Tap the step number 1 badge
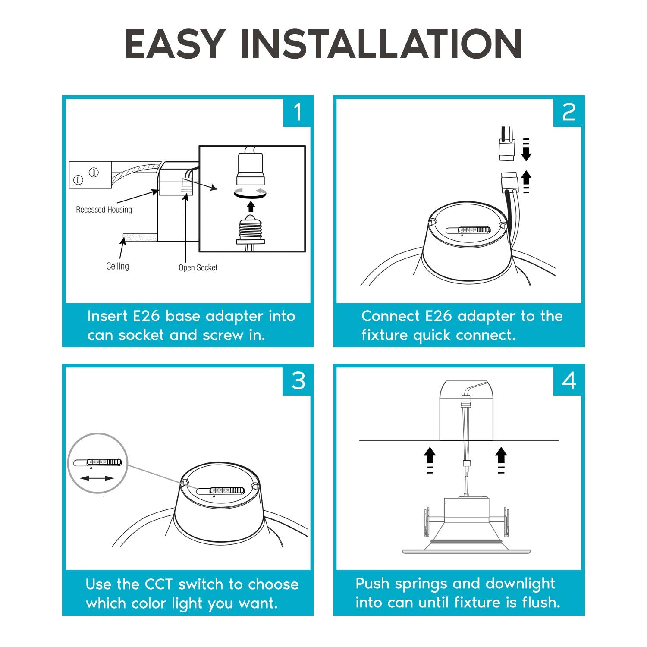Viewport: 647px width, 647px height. click(297, 112)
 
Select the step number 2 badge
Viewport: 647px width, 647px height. click(568, 112)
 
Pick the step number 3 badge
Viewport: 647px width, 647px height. click(298, 381)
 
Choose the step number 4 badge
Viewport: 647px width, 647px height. click(569, 381)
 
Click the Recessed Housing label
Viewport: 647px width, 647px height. click(104, 210)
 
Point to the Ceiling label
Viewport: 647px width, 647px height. click(117, 267)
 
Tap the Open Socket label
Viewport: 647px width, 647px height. click(198, 268)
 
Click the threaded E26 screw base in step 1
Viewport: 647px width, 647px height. click(250, 230)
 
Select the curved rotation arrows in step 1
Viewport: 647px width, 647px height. click(250, 193)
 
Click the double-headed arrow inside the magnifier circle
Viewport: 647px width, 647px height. click(97, 478)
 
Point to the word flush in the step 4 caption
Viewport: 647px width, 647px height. click(540, 602)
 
